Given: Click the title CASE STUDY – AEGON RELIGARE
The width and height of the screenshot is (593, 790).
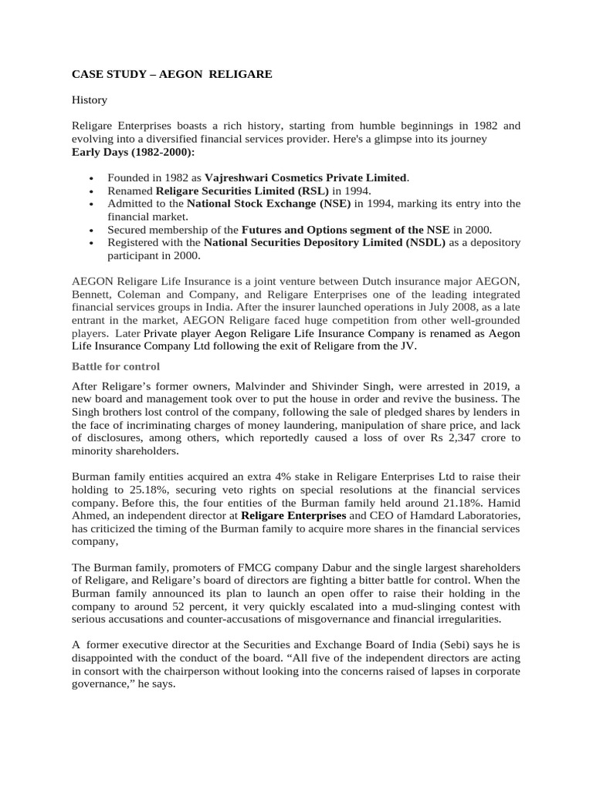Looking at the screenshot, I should tap(171, 75).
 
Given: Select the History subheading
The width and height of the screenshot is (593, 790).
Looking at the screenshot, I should tap(90, 100).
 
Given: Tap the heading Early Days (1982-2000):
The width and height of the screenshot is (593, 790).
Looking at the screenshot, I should tap(134, 150).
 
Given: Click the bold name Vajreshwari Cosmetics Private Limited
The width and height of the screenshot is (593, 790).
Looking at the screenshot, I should tap(306, 178).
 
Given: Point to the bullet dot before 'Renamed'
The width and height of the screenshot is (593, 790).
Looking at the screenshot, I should tap(92, 191).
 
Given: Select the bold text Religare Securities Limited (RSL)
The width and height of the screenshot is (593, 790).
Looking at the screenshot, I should tap(242, 191).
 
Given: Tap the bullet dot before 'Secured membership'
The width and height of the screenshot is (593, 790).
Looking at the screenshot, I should tap(92, 231).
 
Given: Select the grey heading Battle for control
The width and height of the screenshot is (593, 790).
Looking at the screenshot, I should tap(116, 366).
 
